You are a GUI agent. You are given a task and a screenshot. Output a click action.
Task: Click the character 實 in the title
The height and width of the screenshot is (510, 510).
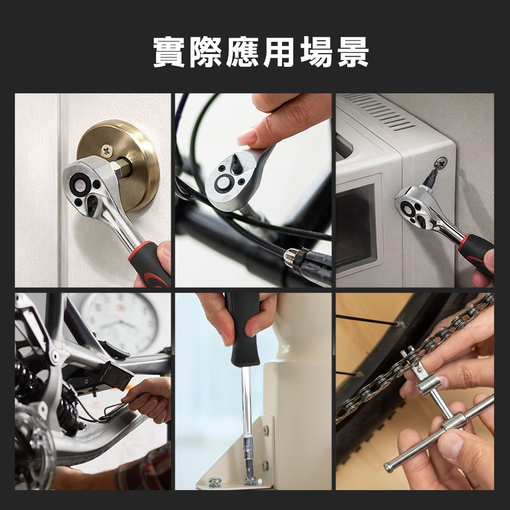(x=168, y=52)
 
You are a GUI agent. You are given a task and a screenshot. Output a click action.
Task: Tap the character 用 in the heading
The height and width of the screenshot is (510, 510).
(x=279, y=52)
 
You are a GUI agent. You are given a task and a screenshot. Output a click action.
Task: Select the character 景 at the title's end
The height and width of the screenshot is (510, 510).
(x=353, y=52)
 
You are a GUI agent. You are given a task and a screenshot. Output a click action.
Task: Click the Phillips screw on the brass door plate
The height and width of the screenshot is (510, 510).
(x=107, y=150)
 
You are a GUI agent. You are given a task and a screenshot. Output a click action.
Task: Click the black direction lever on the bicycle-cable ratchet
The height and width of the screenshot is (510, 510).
(x=236, y=164)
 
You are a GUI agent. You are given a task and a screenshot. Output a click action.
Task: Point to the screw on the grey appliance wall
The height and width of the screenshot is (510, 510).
(x=441, y=163)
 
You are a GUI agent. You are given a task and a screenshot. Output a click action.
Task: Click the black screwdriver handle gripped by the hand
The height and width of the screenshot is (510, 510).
(x=244, y=329)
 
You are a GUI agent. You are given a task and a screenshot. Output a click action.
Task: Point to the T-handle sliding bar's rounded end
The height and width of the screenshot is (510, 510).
(x=388, y=467)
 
